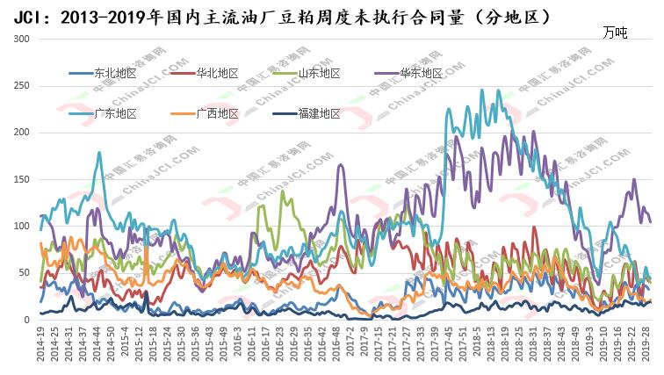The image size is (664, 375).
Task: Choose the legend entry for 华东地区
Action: (421, 73)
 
